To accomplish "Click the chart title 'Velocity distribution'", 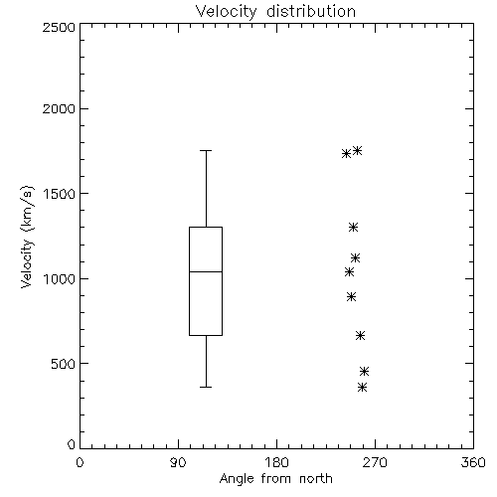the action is [275, 12].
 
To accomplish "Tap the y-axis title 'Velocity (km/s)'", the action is [27, 237].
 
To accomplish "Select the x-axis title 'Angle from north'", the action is [275, 479].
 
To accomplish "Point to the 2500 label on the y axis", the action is [59, 27].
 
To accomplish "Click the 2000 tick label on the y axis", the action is [59, 108].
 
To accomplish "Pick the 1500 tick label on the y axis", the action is [60, 194].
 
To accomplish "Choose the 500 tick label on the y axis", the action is [64, 364].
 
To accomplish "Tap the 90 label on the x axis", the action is [178, 462].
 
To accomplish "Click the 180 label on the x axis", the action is [276, 462].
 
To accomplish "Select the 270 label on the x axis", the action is [375, 462].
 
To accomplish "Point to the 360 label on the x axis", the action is [473, 462].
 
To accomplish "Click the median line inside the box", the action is [206, 271].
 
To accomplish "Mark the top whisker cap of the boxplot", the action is [206, 150].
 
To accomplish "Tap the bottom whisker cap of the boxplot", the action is [206, 387].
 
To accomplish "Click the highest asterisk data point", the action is [357, 151].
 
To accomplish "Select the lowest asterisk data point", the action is [363, 387].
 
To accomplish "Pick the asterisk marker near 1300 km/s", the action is [354, 227].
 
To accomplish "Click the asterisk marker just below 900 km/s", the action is [352, 296].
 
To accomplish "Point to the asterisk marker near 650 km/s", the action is [361, 336].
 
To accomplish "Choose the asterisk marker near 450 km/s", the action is [365, 371].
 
